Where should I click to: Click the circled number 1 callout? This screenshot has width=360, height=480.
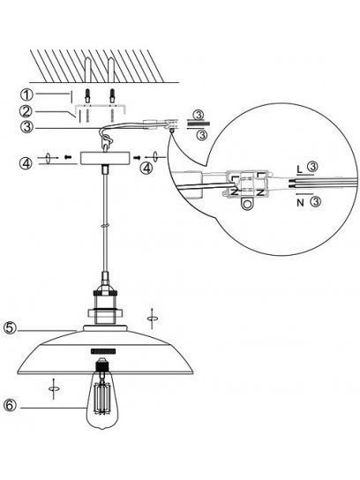[26, 94]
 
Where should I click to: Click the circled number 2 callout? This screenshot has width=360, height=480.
[26, 111]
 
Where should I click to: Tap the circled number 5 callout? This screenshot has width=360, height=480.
[10, 328]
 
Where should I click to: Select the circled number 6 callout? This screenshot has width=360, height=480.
[10, 405]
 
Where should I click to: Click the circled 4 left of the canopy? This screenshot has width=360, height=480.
[27, 163]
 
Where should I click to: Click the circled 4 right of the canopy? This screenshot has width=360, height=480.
[146, 168]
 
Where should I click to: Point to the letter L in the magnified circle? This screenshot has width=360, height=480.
[300, 169]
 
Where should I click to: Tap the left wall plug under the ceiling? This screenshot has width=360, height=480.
[87, 95]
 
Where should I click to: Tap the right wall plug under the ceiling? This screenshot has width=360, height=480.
[112, 95]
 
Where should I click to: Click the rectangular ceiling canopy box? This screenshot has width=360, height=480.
[105, 158]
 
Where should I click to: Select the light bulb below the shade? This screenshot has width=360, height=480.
[101, 394]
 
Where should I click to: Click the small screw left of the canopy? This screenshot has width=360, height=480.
[68, 157]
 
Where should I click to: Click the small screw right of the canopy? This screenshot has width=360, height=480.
[137, 157]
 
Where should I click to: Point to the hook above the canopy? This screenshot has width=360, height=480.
[107, 141]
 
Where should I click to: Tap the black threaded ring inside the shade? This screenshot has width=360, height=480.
[103, 351]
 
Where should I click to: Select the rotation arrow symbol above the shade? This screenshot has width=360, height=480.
[152, 319]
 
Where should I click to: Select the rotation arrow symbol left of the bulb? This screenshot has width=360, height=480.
[54, 388]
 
